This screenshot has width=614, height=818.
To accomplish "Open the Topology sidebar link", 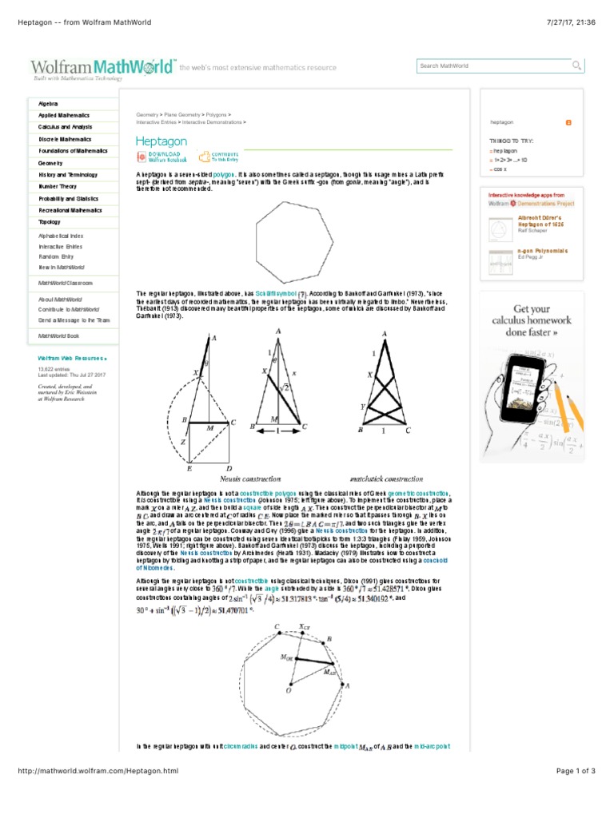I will [x=50, y=222].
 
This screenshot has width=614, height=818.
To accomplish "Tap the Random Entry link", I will [x=56, y=256].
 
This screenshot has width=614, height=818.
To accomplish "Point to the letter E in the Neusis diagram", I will [x=189, y=468].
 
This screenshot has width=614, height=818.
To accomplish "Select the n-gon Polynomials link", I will [x=543, y=251].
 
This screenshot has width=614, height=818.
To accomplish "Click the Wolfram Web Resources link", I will [x=72, y=359].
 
